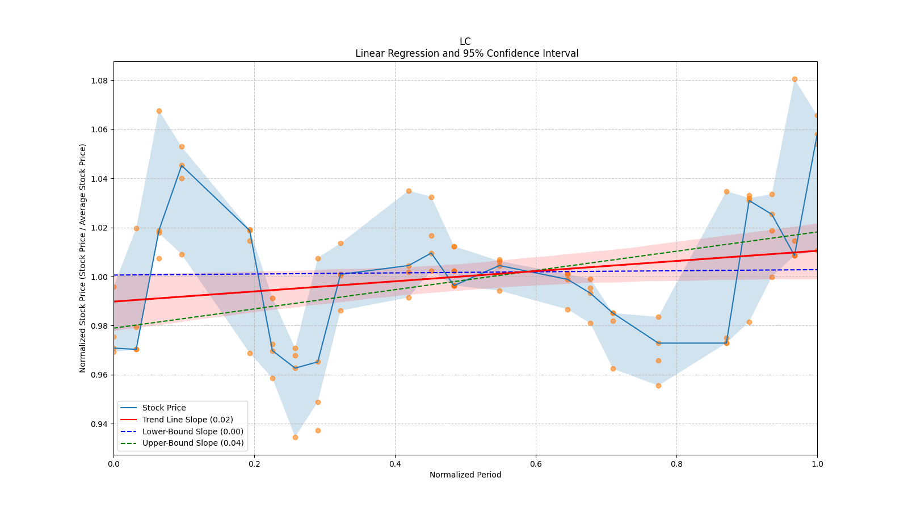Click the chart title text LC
click(465, 41)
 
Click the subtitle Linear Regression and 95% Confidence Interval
click(466, 53)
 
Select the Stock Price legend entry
click(164, 408)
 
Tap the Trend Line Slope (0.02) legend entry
click(187, 420)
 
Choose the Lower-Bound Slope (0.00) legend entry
click(192, 432)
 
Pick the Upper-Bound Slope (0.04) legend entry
click(192, 443)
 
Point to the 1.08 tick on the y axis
click(100, 81)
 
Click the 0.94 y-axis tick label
click(100, 424)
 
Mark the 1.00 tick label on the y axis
click(100, 277)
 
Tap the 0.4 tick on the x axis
click(395, 464)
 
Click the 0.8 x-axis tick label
click(676, 464)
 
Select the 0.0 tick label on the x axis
click(113, 464)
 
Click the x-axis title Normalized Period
click(465, 475)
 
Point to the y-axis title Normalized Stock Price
click(83, 258)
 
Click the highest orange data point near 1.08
click(794, 79)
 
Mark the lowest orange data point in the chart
click(295, 437)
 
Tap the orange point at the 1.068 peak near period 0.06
click(159, 111)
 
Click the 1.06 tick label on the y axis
click(100, 129)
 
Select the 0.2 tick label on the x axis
click(254, 464)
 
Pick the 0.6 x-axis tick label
click(536, 464)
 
